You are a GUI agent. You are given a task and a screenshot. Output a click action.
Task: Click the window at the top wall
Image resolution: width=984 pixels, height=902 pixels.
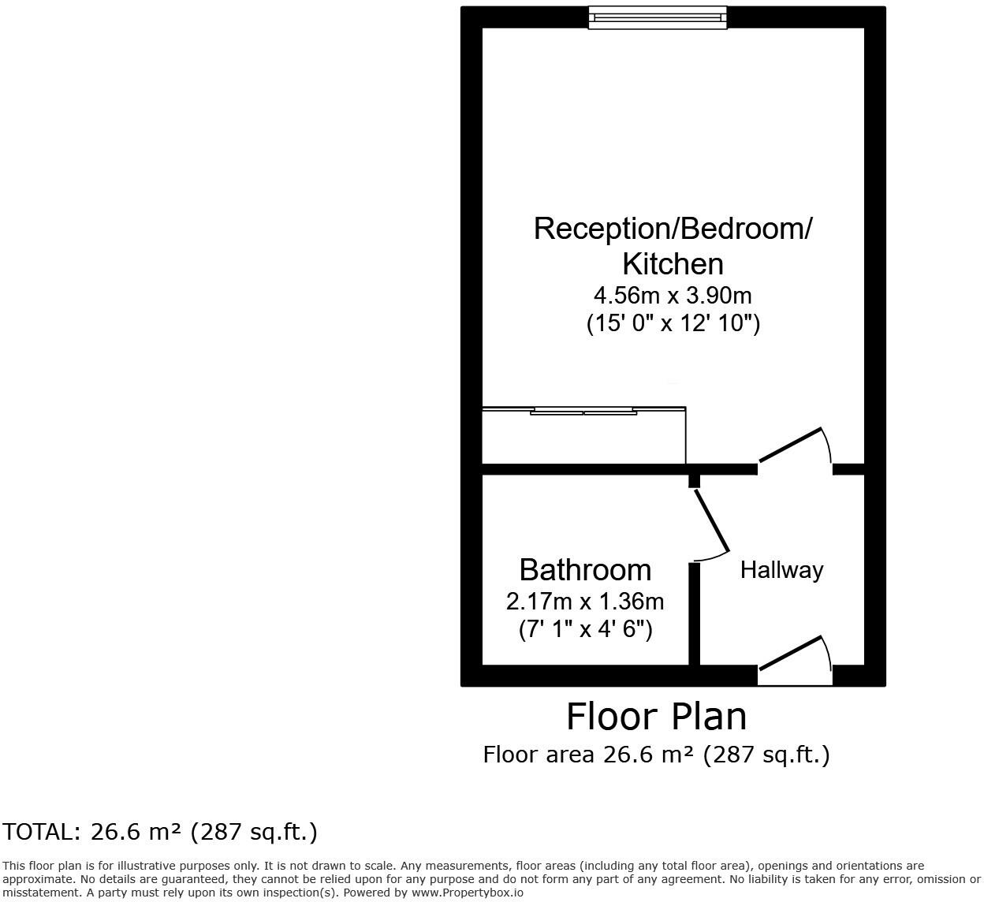pos(657,17)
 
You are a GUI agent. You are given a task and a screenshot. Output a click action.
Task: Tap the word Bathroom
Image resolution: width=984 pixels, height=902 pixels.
pos(585,570)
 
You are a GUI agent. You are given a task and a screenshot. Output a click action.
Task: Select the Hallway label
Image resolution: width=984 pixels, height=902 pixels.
pos(781,570)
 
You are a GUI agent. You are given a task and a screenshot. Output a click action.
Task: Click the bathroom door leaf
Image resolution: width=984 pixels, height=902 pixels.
pos(711,521)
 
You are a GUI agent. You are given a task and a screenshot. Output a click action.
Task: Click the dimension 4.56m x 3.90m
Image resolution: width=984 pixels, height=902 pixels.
pos(673,296)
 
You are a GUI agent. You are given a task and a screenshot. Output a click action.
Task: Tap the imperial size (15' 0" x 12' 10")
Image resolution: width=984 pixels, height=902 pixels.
pos(673,323)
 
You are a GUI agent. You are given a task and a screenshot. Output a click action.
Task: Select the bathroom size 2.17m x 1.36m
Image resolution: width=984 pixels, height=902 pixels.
pos(585,602)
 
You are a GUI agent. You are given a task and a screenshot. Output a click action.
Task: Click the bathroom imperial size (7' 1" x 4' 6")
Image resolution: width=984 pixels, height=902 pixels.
pos(585,629)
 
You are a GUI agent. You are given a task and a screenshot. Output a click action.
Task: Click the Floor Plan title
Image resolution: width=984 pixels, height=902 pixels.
pos(656,717)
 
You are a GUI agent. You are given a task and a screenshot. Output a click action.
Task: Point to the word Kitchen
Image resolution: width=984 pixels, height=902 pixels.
pos(673,263)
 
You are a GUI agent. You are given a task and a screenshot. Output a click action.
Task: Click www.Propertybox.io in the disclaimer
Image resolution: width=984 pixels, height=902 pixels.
pos(467,893)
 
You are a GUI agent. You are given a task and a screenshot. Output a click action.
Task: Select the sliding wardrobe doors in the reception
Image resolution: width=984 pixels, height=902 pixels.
pos(583,411)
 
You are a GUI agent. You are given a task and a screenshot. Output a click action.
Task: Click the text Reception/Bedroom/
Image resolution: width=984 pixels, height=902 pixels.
pos(673,229)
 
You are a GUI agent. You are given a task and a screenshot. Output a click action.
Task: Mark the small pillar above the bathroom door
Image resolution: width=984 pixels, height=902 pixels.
pos(694,481)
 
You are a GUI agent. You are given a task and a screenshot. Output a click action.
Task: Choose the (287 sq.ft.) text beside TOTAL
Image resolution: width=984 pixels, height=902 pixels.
pos(254,832)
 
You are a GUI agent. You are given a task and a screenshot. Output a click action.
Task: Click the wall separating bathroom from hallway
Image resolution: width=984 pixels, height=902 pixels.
pos(695,613)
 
